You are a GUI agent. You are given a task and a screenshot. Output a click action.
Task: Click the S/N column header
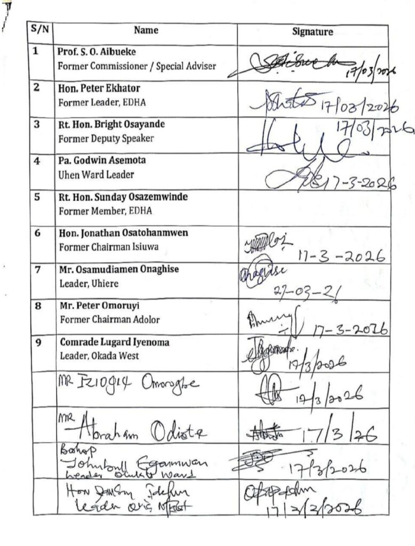tap(40, 30)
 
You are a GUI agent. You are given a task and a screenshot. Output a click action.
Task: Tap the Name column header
tap(146, 31)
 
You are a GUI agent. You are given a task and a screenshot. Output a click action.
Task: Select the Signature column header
tap(313, 32)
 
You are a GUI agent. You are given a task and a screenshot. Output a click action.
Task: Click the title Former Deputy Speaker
tap(99, 138)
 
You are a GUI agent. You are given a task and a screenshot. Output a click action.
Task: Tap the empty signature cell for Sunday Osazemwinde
tap(313, 207)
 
